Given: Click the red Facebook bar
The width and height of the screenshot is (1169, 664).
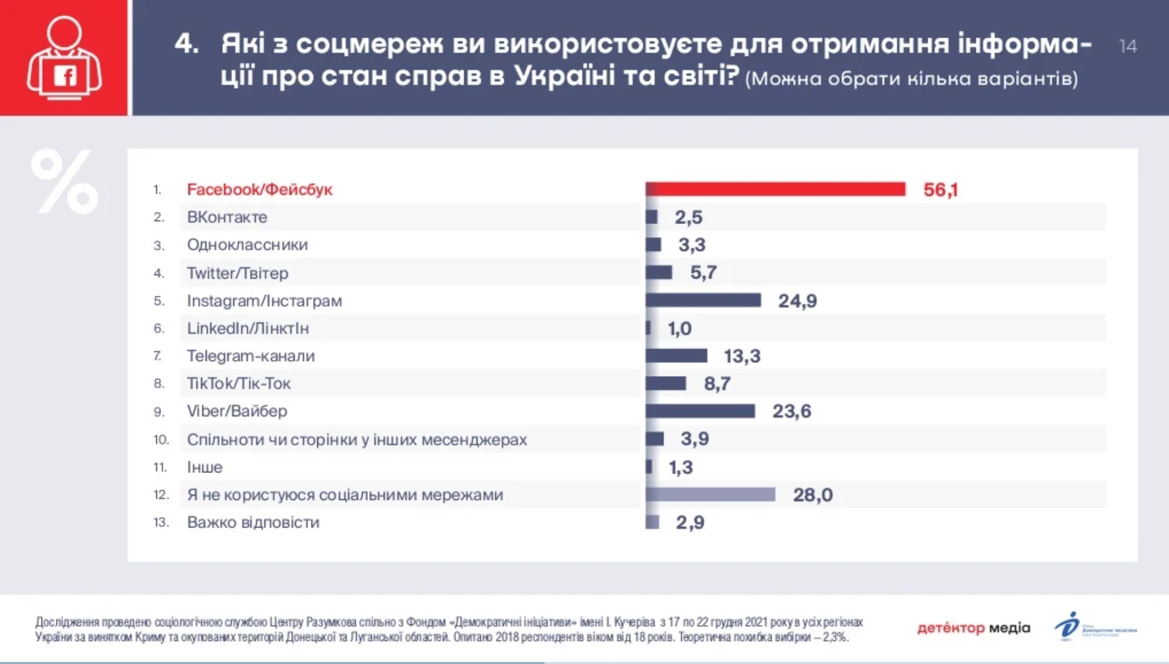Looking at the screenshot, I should coord(775,190).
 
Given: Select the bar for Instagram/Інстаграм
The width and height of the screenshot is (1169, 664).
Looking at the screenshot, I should coord(703,300).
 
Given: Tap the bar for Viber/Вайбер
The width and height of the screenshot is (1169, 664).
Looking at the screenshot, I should coord(700,411).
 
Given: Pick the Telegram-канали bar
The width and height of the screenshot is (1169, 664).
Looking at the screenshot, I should coord(676,356).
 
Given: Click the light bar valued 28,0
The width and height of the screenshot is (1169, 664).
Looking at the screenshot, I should coord(710,495).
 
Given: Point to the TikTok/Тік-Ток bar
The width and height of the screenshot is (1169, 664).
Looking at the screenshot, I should coord(666,383).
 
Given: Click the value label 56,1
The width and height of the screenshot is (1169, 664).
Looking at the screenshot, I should coord(940,190).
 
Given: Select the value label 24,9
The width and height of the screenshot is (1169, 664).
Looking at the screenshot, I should coord(797,301).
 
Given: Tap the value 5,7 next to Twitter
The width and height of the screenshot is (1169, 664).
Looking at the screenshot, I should coord(703,273).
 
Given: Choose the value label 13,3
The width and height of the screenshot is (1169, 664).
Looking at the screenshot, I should coord(742,356).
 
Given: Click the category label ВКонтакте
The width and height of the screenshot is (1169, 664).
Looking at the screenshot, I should coord(227,217).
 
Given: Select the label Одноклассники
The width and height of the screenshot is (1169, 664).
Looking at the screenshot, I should coord(247,245).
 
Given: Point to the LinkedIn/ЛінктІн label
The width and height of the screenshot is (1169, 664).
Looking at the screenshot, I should coord(248,328).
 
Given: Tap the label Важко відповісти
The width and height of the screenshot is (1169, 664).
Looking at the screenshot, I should coord(253,522).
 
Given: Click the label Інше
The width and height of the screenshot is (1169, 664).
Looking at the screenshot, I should coord(204,467).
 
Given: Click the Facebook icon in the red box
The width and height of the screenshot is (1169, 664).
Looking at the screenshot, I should coord(65,76).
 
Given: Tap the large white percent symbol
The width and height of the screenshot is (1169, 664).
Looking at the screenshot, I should coord(64,181).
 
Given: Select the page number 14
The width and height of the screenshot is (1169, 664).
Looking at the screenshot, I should coord(1127,46).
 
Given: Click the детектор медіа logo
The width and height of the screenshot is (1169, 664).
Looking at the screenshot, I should coord(973,628).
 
